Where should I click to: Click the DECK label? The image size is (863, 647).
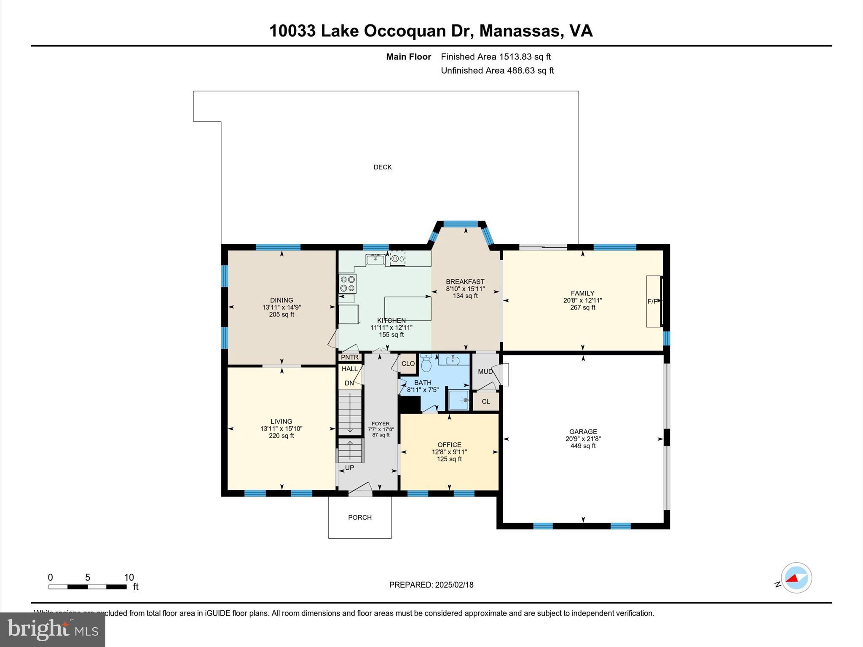(x=383, y=167)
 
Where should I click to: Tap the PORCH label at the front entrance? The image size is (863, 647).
(x=360, y=517)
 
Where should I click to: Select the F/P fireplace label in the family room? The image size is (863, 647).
(x=652, y=301)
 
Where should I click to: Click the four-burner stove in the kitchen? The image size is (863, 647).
(x=348, y=283)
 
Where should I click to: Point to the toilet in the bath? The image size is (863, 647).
(x=426, y=363)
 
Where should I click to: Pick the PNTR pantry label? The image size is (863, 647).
(x=350, y=357)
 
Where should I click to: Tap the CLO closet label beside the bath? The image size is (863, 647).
(x=408, y=364)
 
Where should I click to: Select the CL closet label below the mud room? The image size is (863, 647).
(x=486, y=401)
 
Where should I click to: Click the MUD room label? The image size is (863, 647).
(x=485, y=372)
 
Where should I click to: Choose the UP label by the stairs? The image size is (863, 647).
(x=349, y=468)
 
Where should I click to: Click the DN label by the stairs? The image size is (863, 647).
(x=349, y=383)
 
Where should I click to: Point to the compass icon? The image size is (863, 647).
(x=796, y=578)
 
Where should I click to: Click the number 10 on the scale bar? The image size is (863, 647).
(x=129, y=577)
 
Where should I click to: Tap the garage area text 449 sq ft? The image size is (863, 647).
(x=583, y=446)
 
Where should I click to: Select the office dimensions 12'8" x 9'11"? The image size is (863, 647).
(x=449, y=452)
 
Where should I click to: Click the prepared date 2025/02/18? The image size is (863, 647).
(x=454, y=585)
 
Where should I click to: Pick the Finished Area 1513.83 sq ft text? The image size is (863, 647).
(x=496, y=57)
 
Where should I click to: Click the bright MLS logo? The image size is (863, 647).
(x=53, y=630)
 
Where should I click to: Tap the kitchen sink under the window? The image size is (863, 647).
(x=375, y=259)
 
